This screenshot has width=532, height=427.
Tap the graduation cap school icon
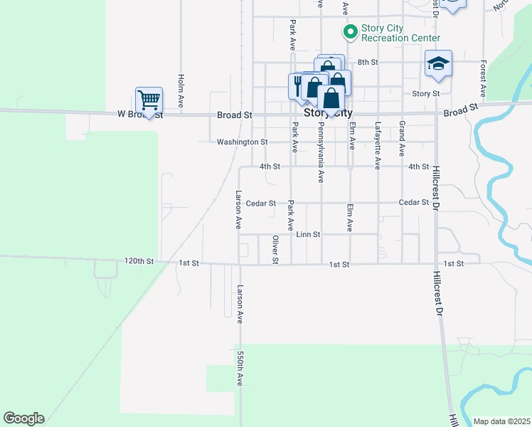[x=438, y=63]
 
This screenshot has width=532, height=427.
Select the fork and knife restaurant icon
[x=297, y=85]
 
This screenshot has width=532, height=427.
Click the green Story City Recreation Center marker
[x=350, y=31]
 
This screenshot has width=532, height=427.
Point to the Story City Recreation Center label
[x=400, y=33]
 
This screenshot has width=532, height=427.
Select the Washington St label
[x=242, y=142]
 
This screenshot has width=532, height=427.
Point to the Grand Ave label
[x=402, y=139]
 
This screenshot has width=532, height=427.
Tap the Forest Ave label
[x=483, y=78]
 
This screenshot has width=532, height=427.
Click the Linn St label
[x=309, y=234]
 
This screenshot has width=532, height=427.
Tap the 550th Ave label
[x=240, y=368]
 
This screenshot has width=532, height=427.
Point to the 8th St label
[x=367, y=62]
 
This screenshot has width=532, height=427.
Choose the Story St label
[x=426, y=93]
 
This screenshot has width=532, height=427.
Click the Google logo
[x=23, y=418]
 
